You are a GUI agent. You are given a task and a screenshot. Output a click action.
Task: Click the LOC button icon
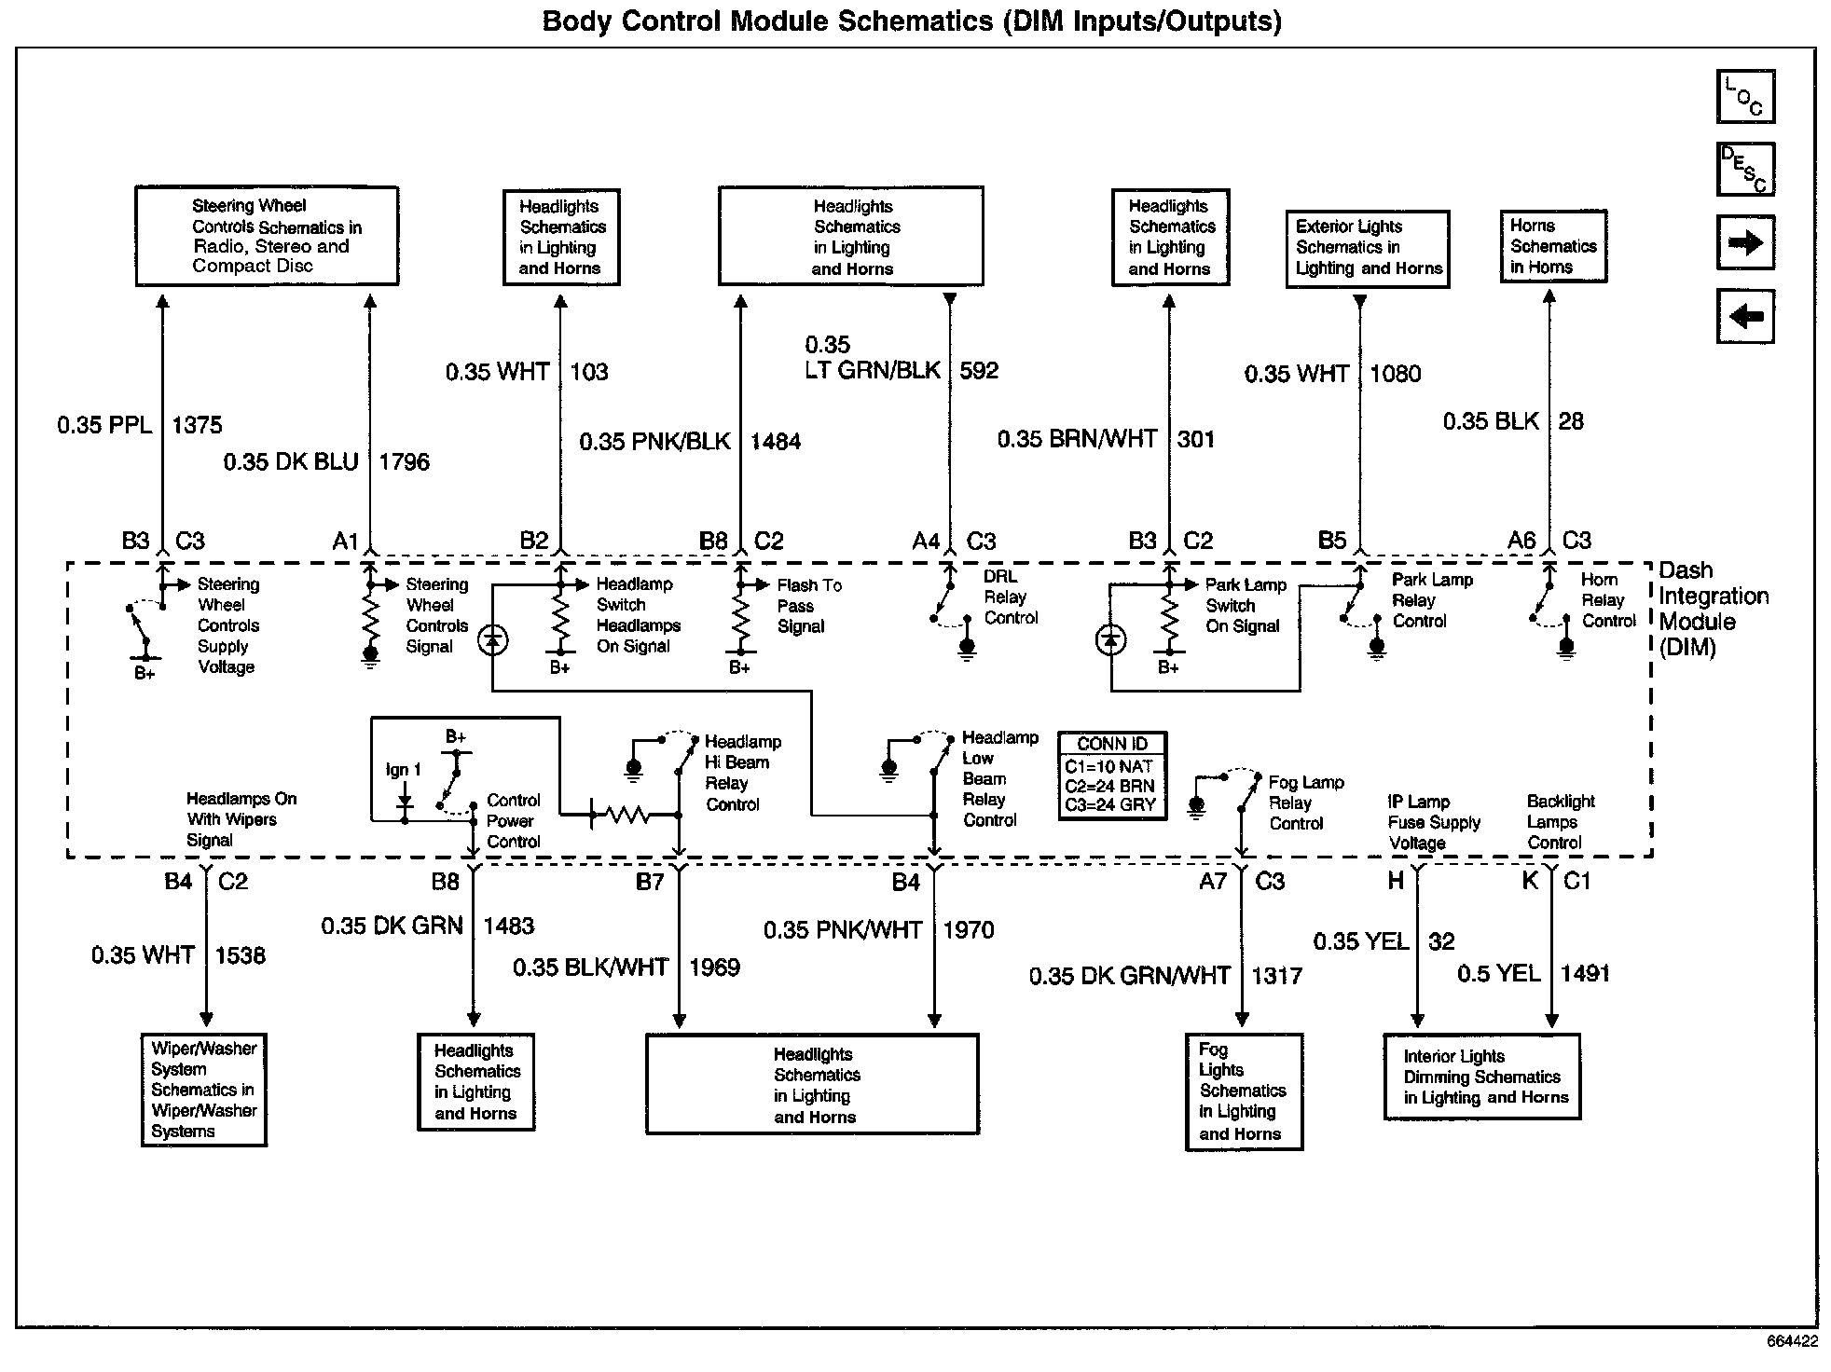[1745, 97]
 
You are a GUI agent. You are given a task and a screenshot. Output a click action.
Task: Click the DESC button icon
[1745, 170]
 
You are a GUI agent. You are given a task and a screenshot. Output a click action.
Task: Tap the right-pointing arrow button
[1745, 243]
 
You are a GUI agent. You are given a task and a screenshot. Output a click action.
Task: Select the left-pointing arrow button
[1745, 316]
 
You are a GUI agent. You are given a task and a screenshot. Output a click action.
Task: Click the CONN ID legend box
[1111, 775]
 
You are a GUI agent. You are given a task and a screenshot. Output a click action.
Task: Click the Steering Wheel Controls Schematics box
[267, 236]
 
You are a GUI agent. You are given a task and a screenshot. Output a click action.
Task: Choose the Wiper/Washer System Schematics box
[204, 1090]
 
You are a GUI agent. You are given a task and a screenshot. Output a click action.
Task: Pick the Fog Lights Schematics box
[1244, 1091]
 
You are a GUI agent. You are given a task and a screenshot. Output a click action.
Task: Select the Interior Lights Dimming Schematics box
[1482, 1077]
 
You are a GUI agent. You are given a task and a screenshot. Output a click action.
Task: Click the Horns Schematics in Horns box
[1553, 246]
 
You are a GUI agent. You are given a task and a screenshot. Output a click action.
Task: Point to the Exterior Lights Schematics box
[1368, 248]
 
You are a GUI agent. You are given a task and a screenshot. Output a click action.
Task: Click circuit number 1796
[404, 462]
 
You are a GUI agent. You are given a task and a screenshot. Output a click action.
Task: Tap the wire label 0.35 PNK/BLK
[654, 442]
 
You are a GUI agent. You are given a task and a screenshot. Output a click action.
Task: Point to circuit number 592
[979, 371]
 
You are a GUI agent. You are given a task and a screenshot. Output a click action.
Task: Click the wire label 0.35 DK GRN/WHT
[1129, 976]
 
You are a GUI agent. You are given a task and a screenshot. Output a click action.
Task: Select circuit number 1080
[1395, 375]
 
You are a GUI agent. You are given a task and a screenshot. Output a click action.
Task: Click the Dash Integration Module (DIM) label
[1714, 609]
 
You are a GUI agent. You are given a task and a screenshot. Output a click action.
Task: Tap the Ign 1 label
[403, 770]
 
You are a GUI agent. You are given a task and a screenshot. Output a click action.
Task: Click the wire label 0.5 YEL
[1498, 974]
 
